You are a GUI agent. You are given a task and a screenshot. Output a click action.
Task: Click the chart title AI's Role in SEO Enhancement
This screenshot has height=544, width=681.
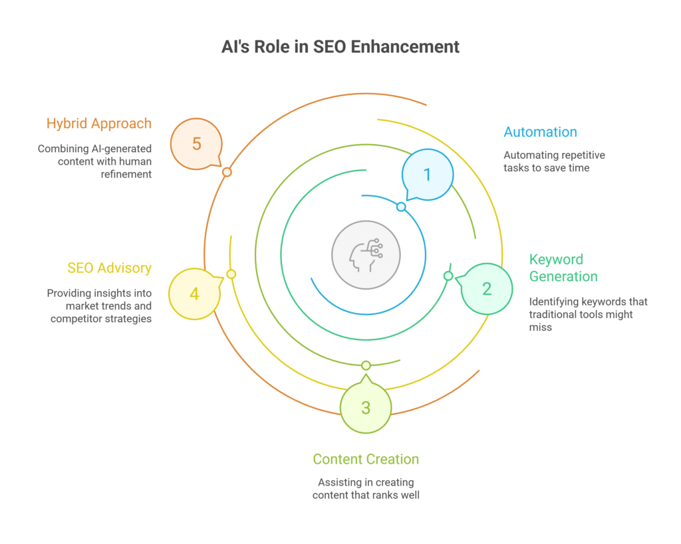pos(340,47)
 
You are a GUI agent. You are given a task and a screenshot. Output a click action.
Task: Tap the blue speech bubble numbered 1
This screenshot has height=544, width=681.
pos(428,175)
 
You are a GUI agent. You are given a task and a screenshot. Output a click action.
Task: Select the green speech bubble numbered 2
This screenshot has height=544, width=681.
pos(487,289)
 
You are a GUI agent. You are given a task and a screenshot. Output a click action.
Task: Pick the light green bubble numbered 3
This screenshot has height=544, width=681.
pos(365,408)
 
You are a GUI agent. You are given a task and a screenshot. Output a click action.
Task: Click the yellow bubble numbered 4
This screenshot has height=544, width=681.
pos(194,294)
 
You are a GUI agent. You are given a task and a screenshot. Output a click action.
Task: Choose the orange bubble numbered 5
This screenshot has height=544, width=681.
pos(196,143)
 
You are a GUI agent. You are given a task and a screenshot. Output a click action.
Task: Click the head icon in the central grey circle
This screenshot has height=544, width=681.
pos(365,254)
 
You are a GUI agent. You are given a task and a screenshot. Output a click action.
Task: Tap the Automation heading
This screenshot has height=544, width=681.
pos(540,132)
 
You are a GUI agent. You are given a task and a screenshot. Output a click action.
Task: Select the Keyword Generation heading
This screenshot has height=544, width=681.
pos(563,268)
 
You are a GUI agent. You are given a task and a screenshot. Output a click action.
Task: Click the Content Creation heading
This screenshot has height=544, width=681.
pos(366,459)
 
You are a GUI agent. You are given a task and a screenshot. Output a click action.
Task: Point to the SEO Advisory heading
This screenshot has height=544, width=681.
pos(109,268)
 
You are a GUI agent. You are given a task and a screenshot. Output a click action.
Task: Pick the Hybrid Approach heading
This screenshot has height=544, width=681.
pos(98,124)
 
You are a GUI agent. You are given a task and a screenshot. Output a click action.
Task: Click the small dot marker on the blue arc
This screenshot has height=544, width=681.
pos(401,207)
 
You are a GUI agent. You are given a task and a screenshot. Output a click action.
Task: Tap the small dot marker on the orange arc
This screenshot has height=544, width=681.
pos(227,172)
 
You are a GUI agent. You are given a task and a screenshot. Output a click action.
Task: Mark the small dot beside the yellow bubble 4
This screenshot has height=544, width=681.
pos(231,274)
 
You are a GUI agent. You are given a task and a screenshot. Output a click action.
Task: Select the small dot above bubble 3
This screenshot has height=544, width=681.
pos(365,365)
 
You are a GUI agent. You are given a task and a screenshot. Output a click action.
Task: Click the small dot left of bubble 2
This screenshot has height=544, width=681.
pos(448,276)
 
